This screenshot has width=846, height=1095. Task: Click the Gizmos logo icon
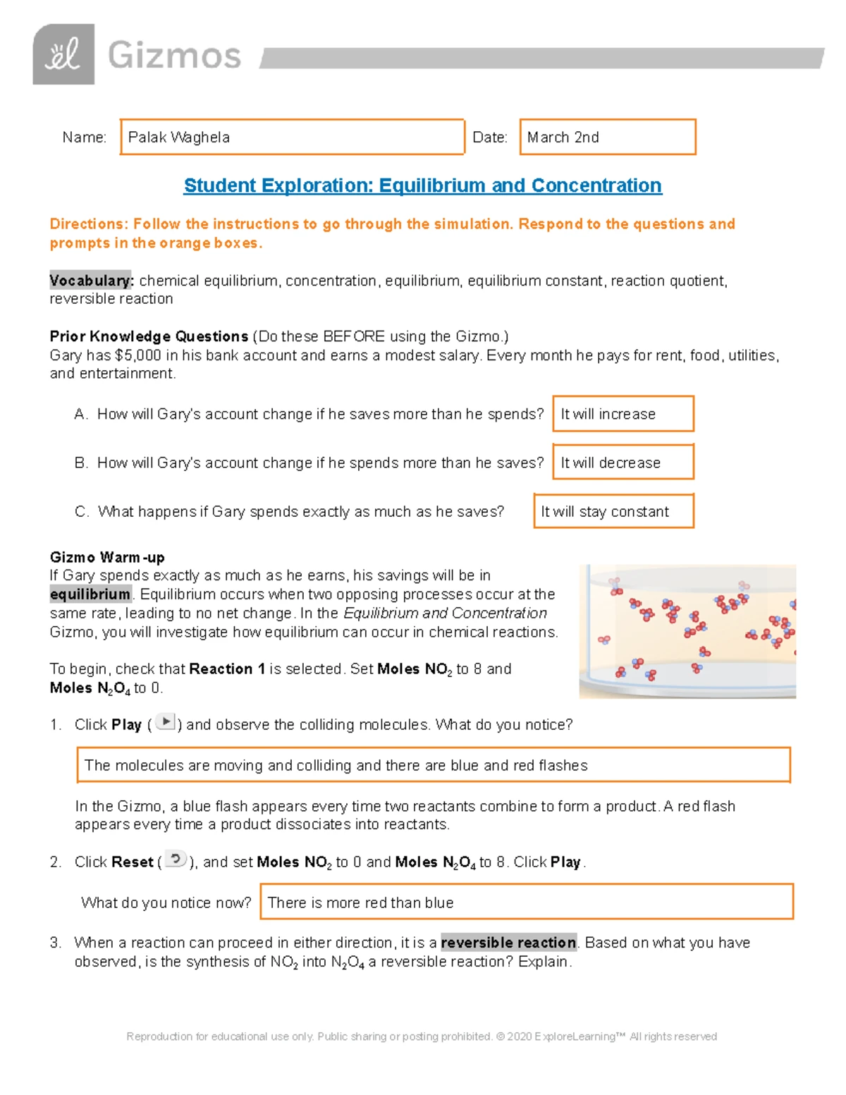click(x=63, y=54)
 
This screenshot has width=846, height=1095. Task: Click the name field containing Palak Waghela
click(x=293, y=137)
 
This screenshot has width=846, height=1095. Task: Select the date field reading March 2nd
click(x=607, y=137)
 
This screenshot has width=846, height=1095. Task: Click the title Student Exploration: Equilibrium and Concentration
click(x=422, y=185)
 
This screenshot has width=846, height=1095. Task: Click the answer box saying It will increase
click(x=623, y=414)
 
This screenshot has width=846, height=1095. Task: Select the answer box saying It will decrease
click(x=623, y=463)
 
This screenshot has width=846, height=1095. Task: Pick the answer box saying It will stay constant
click(x=613, y=511)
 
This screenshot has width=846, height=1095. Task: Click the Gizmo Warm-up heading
click(x=107, y=557)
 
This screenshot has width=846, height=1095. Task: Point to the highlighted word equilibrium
click(x=90, y=594)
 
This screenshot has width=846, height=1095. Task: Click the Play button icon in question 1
click(x=165, y=722)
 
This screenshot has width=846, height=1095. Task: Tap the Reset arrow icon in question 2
click(x=176, y=860)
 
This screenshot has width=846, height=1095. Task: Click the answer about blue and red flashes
click(x=433, y=765)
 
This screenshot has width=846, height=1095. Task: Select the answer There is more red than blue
click(x=526, y=902)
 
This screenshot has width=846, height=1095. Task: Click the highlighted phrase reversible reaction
click(x=508, y=943)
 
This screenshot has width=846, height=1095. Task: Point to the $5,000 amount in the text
click(x=138, y=355)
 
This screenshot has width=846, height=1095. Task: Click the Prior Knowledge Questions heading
click(x=149, y=336)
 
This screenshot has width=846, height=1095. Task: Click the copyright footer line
click(x=422, y=1036)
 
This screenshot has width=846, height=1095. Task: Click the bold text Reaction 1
click(x=227, y=668)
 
